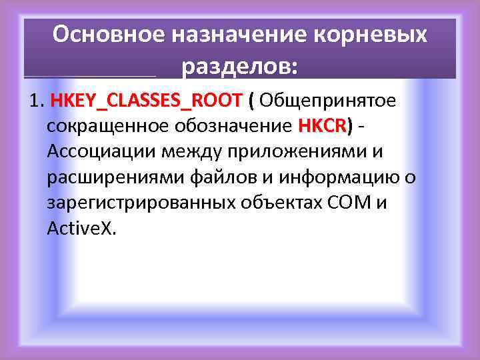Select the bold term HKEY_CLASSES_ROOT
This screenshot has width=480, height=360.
[146, 101]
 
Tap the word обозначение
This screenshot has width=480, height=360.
[229, 126]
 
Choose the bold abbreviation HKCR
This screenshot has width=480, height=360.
[323, 126]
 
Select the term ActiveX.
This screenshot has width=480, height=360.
[81, 228]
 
